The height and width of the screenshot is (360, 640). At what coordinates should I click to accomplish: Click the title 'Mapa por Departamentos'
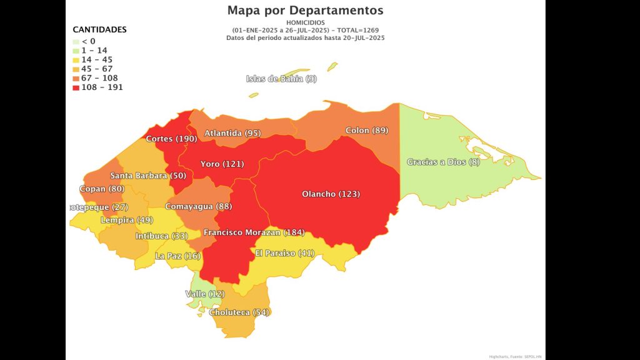click(x=305, y=11)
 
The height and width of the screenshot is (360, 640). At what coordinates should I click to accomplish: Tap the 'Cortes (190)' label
click(x=171, y=139)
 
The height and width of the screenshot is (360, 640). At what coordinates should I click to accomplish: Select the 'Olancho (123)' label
click(x=331, y=194)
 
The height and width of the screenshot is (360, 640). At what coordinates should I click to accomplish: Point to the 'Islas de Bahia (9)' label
click(x=281, y=79)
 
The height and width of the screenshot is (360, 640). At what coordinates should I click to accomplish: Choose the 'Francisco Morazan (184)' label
click(x=254, y=232)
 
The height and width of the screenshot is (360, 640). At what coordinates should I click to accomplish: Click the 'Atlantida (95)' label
click(x=232, y=133)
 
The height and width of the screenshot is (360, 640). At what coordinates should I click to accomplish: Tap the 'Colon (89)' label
click(x=367, y=131)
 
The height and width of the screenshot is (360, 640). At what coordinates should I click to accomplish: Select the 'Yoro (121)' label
click(x=222, y=164)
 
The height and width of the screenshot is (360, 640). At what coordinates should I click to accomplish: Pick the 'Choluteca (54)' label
click(x=239, y=312)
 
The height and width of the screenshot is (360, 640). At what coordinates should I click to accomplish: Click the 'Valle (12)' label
click(x=205, y=294)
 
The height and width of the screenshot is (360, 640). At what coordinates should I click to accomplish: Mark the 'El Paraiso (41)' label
click(x=284, y=253)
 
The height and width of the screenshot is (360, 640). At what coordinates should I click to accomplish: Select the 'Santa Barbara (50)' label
click(x=148, y=176)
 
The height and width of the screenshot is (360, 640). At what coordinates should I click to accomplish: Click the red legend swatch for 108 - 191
click(x=76, y=87)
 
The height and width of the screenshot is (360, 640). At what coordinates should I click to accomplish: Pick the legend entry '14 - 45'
click(x=96, y=60)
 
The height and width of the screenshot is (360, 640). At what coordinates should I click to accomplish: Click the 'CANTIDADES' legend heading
click(x=99, y=29)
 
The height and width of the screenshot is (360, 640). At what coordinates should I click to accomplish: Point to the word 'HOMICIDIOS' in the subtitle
click(x=305, y=22)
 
